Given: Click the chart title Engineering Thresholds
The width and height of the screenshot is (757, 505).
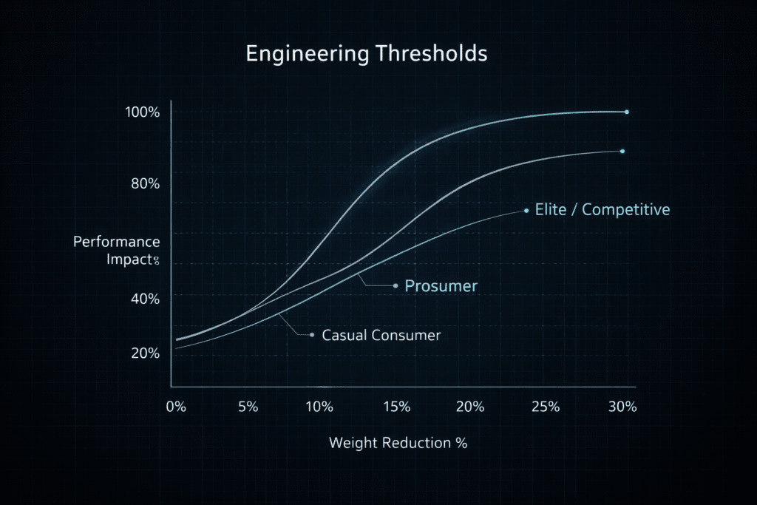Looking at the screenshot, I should point(366,55).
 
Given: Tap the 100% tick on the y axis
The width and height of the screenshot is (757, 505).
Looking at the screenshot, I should point(143,113).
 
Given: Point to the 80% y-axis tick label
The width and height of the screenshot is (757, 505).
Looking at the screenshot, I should point(145,184).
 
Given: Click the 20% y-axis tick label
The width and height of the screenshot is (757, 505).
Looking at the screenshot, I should point(145,353).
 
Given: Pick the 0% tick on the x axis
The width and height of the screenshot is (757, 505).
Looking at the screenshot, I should point(176,407).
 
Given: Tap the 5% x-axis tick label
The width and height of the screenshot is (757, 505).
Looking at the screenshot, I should point(248,407).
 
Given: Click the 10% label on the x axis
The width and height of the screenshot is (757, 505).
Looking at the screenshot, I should point(319,407).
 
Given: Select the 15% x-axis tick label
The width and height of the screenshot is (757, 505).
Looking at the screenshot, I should point(396,407).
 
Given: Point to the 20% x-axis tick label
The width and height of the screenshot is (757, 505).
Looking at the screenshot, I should point(470,407).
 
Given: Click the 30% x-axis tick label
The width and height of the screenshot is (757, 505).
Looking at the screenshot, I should point(622,407).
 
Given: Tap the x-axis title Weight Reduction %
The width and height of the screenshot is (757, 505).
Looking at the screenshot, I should point(398,444).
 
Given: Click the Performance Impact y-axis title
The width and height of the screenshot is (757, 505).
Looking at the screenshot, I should point(117,251).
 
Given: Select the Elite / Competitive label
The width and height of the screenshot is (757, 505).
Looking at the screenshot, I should point(603,210).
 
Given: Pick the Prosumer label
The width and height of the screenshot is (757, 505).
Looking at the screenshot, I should point(441,286).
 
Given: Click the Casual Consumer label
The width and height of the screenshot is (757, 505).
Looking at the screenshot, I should point(381,336).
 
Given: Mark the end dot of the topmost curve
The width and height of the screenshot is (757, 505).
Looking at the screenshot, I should point(627,112).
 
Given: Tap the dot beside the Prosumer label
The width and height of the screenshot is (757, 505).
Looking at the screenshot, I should point(396,285).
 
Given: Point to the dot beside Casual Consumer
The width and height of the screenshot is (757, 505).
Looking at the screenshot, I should point(312,335).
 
